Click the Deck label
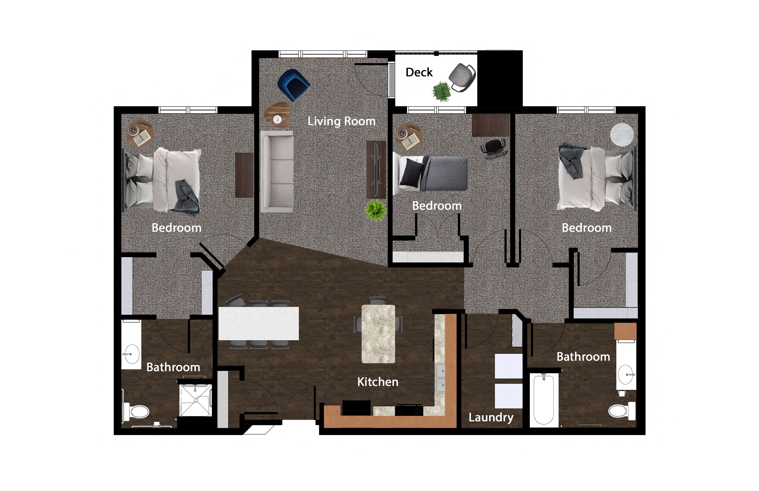pos(419,72)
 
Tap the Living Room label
pos(341,122)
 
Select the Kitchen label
pos(378,382)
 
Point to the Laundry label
pos(491,417)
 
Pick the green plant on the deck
pos(441,91)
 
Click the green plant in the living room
pos(376,210)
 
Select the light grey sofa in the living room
pos(277,171)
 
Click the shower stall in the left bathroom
pos(195,400)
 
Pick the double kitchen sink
pos(440,378)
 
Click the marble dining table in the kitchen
pos(378,334)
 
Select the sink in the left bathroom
pos(131,354)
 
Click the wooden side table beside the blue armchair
pos(277,115)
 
